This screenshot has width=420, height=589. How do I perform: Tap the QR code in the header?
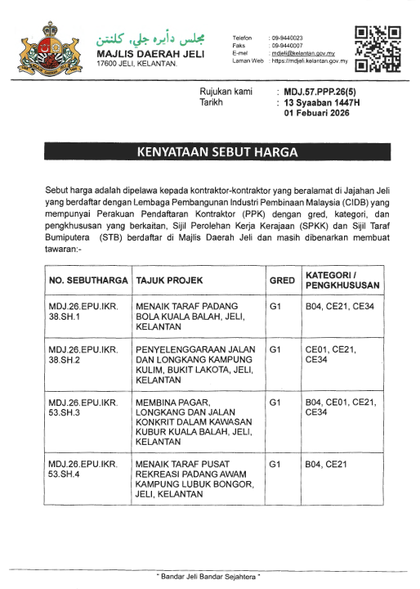point(378,47)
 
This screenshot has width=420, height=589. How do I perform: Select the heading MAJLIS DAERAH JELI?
point(150,54)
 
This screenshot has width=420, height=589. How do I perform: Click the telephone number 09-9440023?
point(286,38)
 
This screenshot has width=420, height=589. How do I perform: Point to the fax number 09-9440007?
point(286,46)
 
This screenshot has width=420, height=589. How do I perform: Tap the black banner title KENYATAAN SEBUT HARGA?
point(210,152)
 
